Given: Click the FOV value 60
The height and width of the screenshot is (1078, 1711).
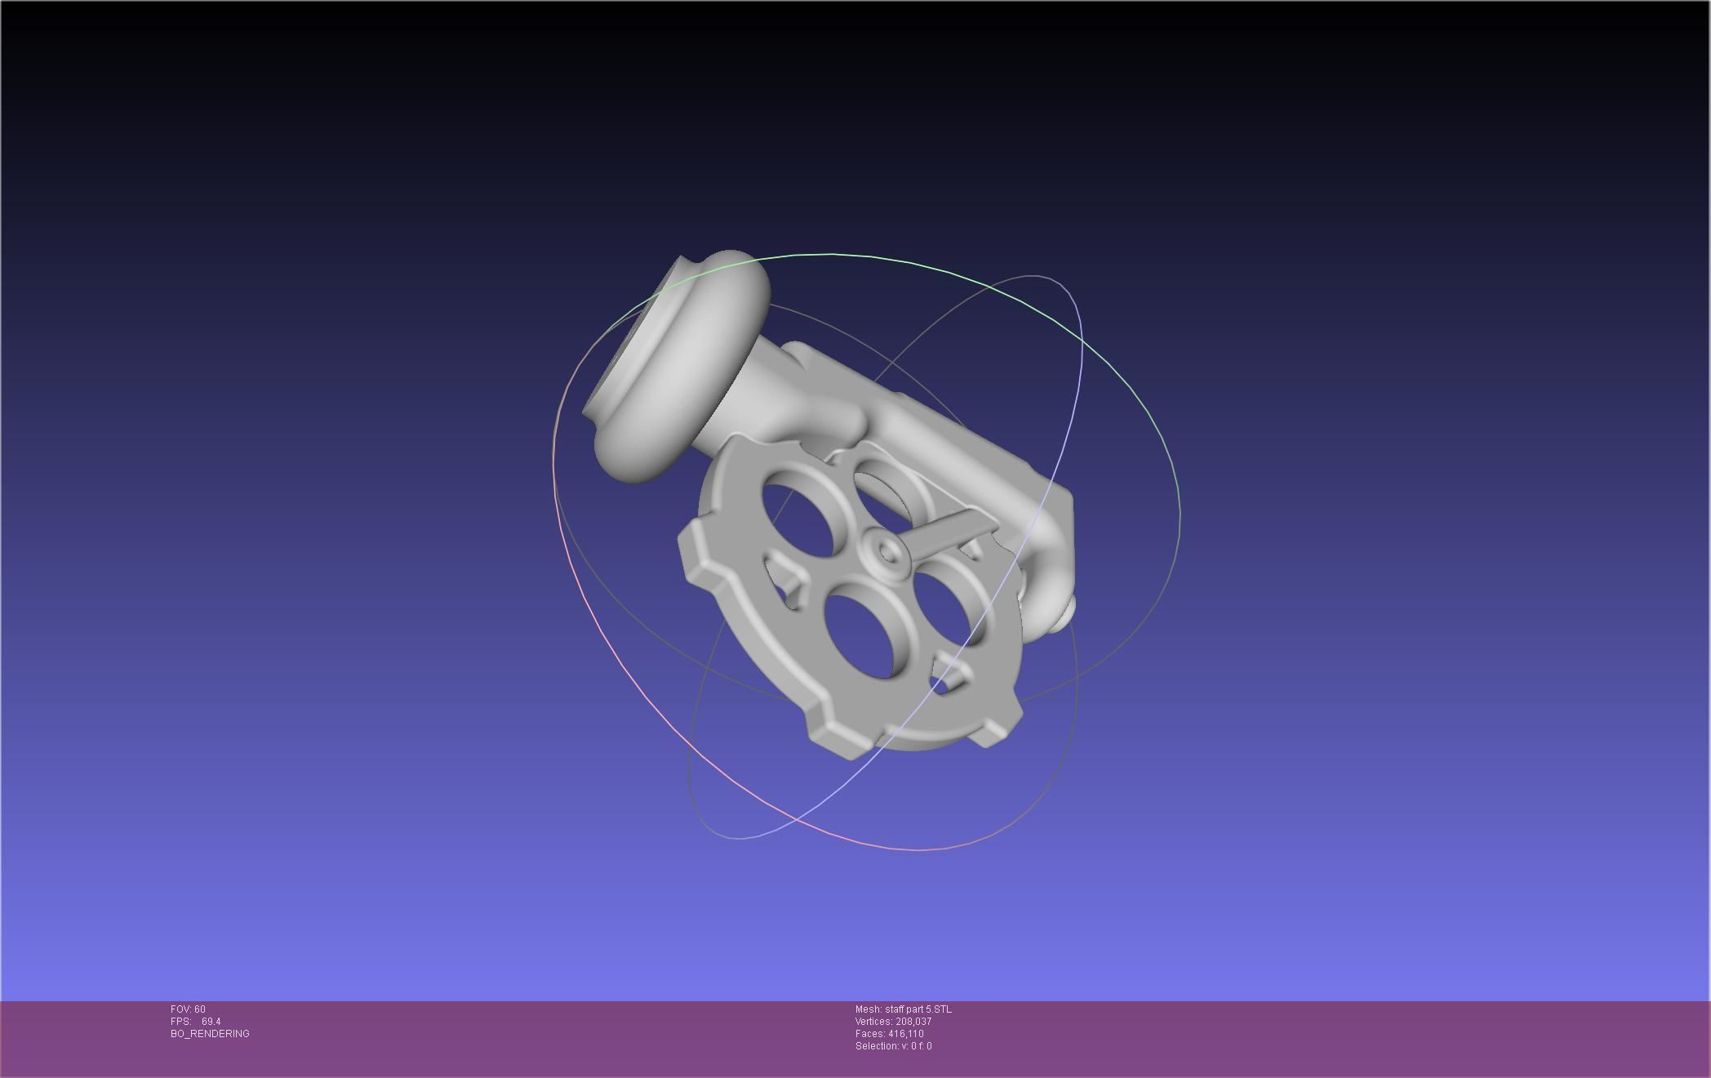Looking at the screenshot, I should pos(200,1009).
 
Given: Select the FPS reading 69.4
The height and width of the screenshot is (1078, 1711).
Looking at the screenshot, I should pos(211,1022).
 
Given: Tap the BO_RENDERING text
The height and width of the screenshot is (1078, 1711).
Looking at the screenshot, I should pos(210,1034).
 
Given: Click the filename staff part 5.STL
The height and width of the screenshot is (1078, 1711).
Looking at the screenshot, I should pos(918,1009).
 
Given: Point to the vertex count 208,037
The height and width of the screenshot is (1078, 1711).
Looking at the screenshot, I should pos(913,1022).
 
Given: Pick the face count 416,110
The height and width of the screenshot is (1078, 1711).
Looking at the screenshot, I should pos(906,1034).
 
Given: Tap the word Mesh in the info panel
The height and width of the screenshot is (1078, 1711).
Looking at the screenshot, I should pos(868,1009).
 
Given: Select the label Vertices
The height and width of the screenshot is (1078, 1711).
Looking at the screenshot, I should pos(873,1022).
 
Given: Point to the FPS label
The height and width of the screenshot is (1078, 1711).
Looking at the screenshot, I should pos(180,1022).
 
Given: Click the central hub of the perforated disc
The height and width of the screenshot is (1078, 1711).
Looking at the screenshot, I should pos(889,554).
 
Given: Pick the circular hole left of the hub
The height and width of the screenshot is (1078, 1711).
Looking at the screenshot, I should pos(800,519).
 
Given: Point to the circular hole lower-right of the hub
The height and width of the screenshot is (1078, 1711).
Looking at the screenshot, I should pos(947,608).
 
